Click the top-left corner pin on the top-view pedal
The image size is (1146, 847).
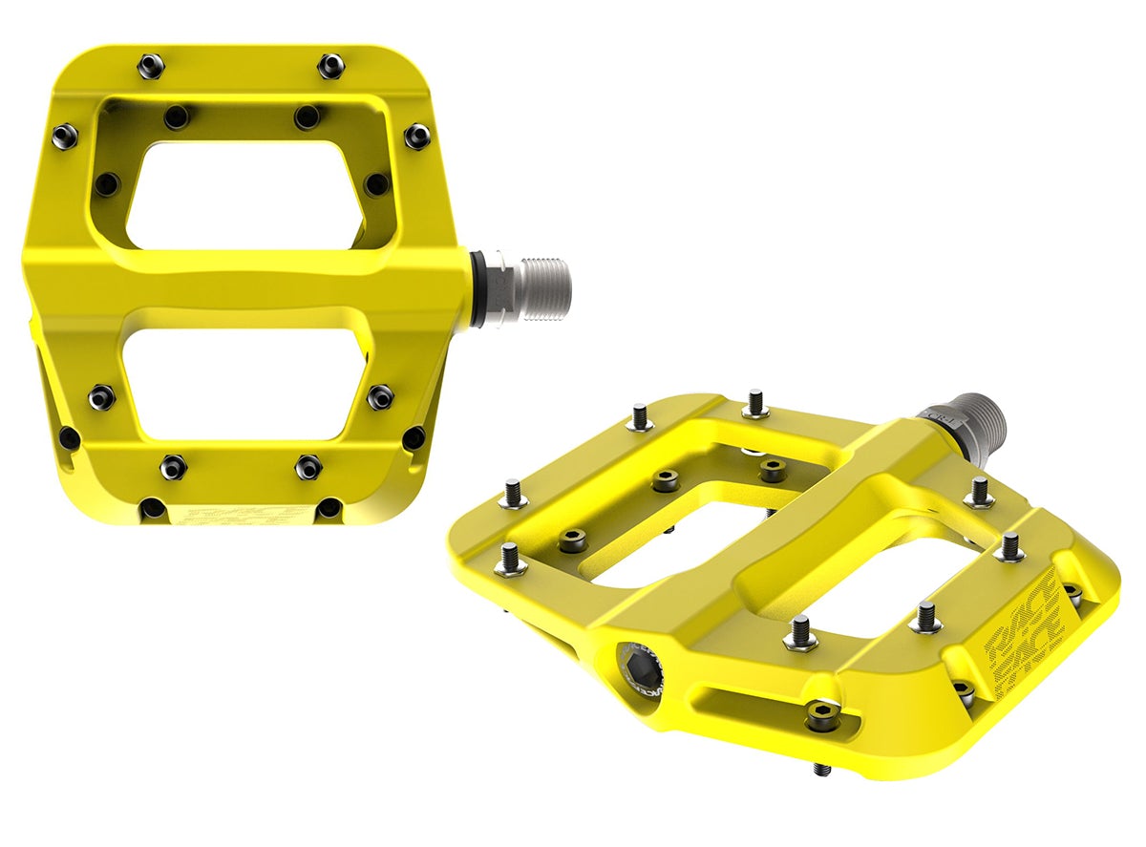coord(151,66)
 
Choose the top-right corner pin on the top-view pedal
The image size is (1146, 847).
coord(330,66)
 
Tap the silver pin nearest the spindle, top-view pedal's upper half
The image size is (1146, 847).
coord(416,136)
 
